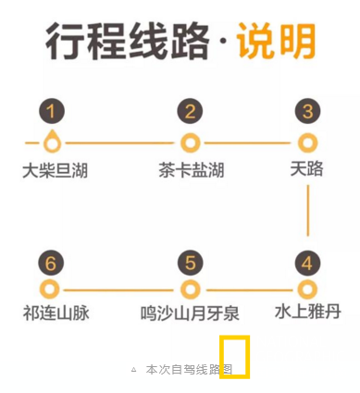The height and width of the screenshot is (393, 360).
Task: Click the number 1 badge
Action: click(52, 113)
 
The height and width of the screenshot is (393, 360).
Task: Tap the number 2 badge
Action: click(190, 113)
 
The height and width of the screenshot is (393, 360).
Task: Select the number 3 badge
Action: click(307, 113)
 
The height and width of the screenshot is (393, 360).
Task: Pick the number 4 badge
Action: click(307, 263)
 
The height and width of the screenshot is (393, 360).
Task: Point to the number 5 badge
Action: click(190, 263)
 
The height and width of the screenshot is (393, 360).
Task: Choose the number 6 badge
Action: click(52, 263)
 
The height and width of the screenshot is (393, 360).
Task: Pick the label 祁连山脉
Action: click(56, 313)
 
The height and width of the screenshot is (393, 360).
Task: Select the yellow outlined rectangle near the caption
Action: click(234, 356)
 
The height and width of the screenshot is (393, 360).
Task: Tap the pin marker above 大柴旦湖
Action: click(53, 142)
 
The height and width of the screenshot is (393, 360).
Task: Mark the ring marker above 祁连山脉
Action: click(52, 289)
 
